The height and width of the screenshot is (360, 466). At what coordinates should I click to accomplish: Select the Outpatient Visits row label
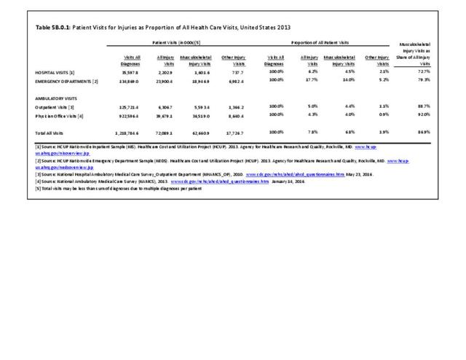(x=60, y=107)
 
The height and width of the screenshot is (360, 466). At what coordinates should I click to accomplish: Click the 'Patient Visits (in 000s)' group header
(x=178, y=44)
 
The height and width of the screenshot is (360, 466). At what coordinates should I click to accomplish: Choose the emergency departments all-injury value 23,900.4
(x=164, y=81)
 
